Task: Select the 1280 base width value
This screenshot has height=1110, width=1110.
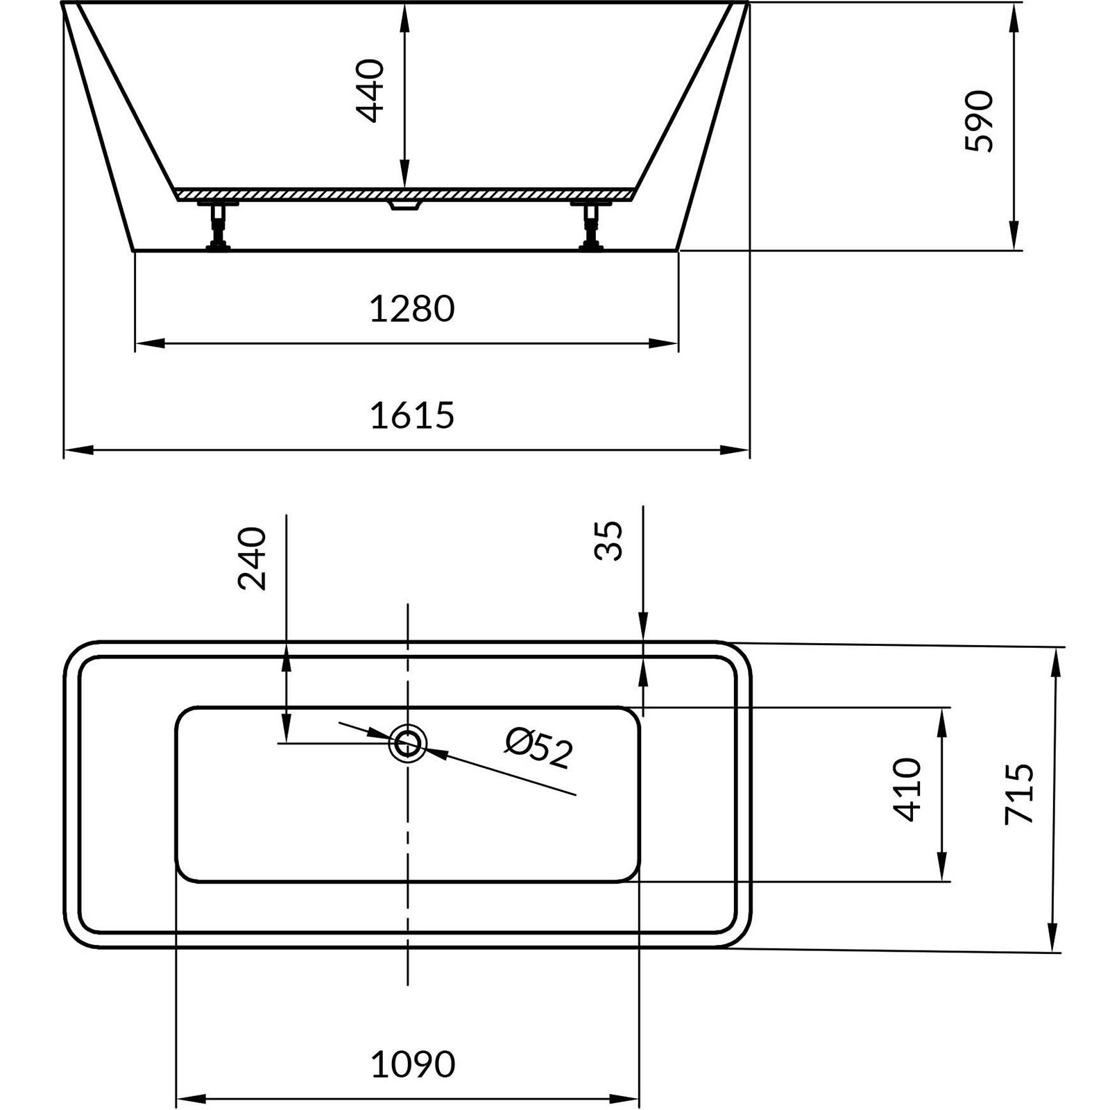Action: (x=412, y=309)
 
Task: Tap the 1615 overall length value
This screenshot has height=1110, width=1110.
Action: (x=412, y=416)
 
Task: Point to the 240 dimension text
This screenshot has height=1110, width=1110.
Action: (x=252, y=558)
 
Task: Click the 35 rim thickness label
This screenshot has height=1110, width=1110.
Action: (x=610, y=540)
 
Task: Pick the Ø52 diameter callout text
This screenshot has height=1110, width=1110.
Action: (x=539, y=747)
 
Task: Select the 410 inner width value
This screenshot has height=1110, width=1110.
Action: (x=908, y=789)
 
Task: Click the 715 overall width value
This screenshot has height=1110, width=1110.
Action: (x=1019, y=794)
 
